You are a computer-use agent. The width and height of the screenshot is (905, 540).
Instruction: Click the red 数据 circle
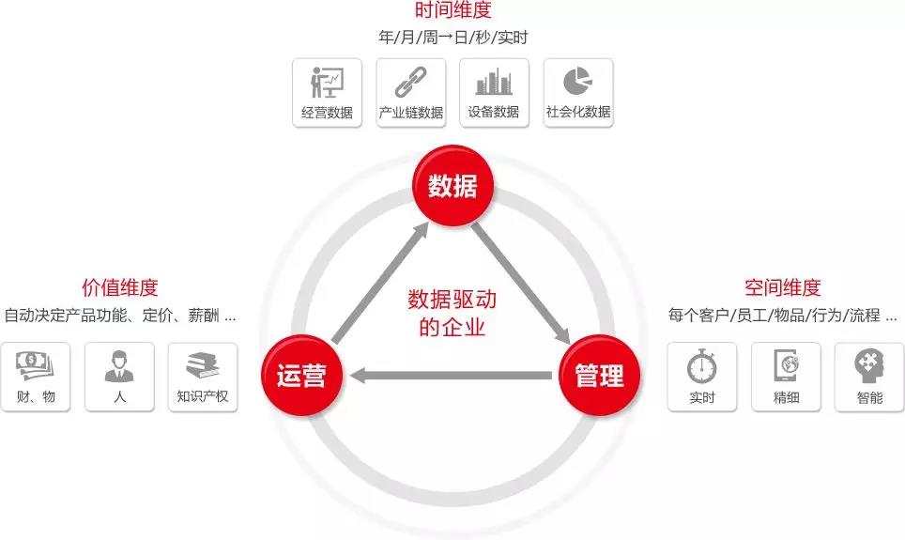pos(452,185)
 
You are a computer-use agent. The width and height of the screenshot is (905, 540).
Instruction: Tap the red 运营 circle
pos(301,377)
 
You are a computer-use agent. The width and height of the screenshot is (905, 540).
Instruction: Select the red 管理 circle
pos(599,376)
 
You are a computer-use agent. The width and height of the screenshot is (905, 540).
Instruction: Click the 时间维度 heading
pos(452,11)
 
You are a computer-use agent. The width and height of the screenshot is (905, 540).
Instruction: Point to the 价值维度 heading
pos(119,287)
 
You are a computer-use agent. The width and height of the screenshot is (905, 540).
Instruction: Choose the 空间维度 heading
pos(782,287)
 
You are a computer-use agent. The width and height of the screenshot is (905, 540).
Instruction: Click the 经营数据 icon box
pos(327,93)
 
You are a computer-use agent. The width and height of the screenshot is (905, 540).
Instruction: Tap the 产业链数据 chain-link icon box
pos(410,93)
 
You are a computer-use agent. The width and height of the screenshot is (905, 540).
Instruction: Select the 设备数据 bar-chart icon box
pos(494,93)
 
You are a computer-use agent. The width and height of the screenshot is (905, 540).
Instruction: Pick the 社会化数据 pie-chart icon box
pos(578,93)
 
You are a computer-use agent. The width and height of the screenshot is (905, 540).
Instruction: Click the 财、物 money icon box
pos(36,377)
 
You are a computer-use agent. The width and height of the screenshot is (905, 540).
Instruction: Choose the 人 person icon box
pos(119,377)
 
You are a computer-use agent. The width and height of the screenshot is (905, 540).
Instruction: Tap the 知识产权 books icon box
pos(203,377)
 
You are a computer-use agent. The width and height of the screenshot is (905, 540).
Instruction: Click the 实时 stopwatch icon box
pos(702,377)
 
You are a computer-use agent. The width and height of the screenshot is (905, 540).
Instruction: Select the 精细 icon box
pos(786,377)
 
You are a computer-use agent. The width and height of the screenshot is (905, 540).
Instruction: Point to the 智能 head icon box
pos(869,377)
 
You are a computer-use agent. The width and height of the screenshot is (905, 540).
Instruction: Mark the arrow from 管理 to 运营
pos(451,377)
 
